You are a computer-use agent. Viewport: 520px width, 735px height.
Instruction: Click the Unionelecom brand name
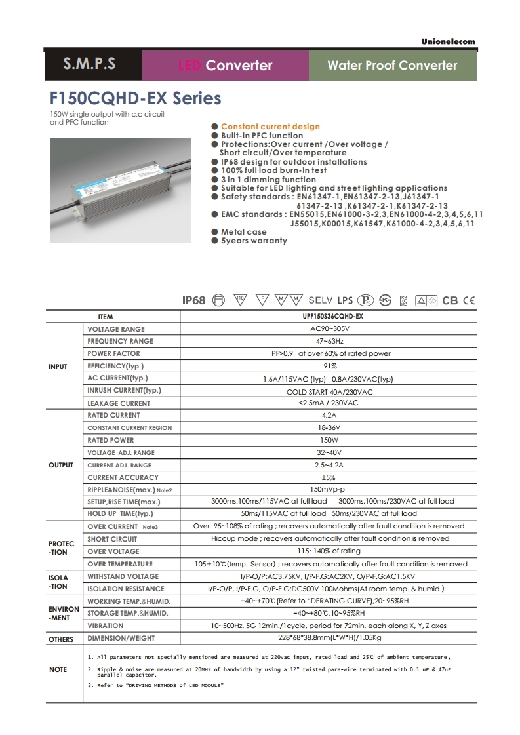[448, 42]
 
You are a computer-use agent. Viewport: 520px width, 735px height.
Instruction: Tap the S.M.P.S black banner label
[89, 64]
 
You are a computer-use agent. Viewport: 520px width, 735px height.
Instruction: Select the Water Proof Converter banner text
[392, 65]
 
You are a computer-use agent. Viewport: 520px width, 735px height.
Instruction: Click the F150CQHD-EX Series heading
[136, 99]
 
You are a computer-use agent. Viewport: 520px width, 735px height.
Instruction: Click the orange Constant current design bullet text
[270, 127]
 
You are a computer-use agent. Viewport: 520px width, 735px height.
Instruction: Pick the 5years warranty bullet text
[254, 241]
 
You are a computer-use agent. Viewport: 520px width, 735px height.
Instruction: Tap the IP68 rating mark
[193, 300]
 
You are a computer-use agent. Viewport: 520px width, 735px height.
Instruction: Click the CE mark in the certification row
[468, 301]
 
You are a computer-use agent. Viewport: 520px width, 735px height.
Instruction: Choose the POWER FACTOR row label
[113, 353]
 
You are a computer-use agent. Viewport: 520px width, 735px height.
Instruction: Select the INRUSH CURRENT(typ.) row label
[124, 391]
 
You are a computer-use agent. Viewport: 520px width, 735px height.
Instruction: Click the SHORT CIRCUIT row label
[112, 539]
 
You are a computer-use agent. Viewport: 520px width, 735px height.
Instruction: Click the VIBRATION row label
[105, 626]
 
